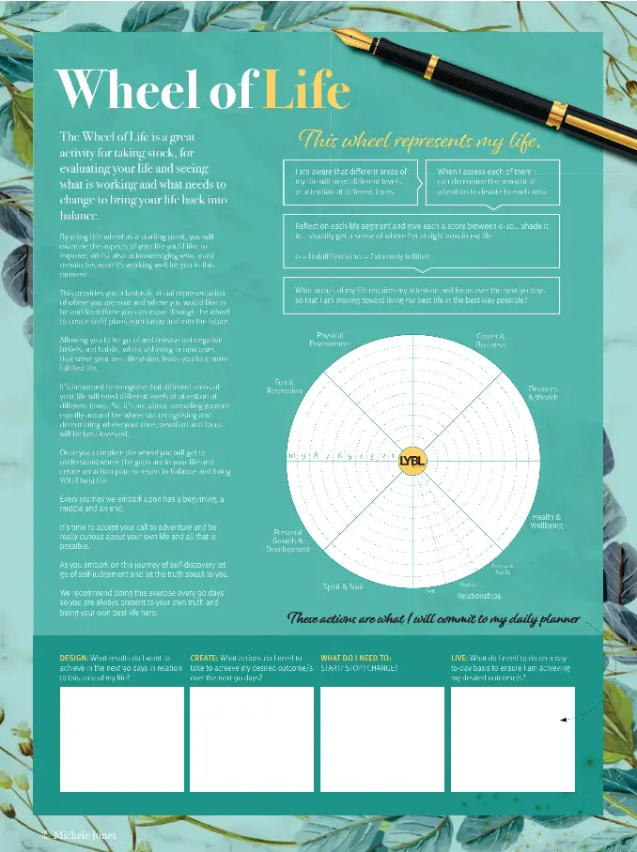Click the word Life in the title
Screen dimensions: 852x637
pos(305,91)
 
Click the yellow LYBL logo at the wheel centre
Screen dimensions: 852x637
pos(412,459)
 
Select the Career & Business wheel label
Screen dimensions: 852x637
pos(490,340)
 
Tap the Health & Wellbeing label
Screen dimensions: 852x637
pos(547,521)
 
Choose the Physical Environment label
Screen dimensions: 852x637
pos(330,340)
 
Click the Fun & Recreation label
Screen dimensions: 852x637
pos(284,387)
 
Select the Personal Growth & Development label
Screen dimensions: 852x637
pos(287,540)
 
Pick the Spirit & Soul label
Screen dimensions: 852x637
pos(344,586)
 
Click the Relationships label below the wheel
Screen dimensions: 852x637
pos(479,596)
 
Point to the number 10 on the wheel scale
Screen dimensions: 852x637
pos(293,456)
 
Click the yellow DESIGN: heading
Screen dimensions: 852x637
pos(74,659)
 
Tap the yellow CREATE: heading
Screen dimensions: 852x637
pos(205,659)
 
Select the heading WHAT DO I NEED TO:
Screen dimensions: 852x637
pos(356,659)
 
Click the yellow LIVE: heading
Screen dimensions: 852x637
pos(459,659)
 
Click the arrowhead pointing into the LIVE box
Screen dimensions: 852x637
pos(563,720)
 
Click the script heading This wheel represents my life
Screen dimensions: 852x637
pos(419,141)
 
